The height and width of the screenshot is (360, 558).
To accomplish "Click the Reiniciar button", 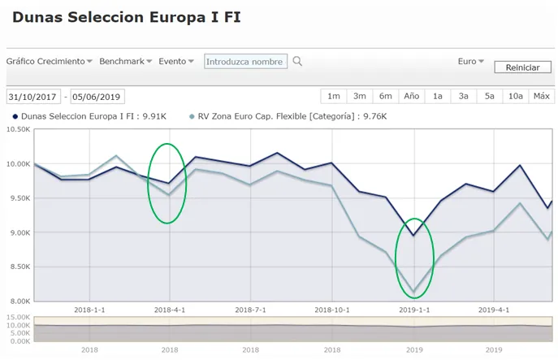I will pos(522,67).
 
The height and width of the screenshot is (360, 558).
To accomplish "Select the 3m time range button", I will pos(360,96).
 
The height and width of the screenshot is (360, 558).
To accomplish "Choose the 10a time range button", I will pos(516,96).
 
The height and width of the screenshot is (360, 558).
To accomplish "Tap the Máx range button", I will pos(542,96).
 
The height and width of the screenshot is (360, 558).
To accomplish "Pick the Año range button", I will pos(412,96).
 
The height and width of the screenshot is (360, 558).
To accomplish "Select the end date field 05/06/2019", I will pos(97,97).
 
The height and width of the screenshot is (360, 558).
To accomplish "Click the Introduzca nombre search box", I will pos(245,61).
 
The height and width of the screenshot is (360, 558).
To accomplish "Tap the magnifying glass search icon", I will pos(298,61).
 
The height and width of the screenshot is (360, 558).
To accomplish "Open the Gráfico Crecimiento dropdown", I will pos(50,61).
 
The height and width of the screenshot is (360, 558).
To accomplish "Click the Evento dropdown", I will pos(176,61).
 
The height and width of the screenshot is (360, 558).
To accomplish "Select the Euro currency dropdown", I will pos(471,61).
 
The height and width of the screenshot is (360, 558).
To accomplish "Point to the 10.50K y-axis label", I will pos(18,129).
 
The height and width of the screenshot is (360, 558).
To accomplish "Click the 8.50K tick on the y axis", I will pos(18,267).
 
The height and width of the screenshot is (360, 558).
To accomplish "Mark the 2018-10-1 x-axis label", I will pos(331,310).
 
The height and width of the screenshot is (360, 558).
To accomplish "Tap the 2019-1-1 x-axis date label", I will pos(414,310).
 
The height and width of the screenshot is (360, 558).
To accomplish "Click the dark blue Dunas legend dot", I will pos(15,116).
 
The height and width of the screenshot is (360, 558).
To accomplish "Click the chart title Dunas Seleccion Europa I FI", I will pos(127,17).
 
